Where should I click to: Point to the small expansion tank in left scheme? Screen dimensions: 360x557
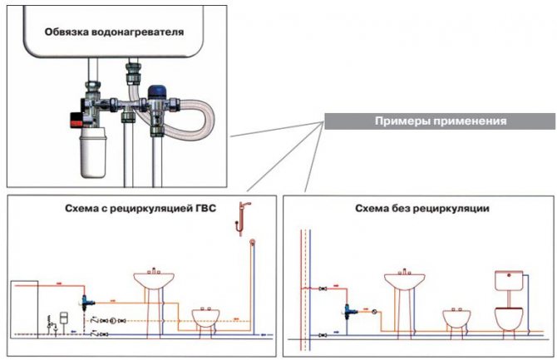62,318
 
